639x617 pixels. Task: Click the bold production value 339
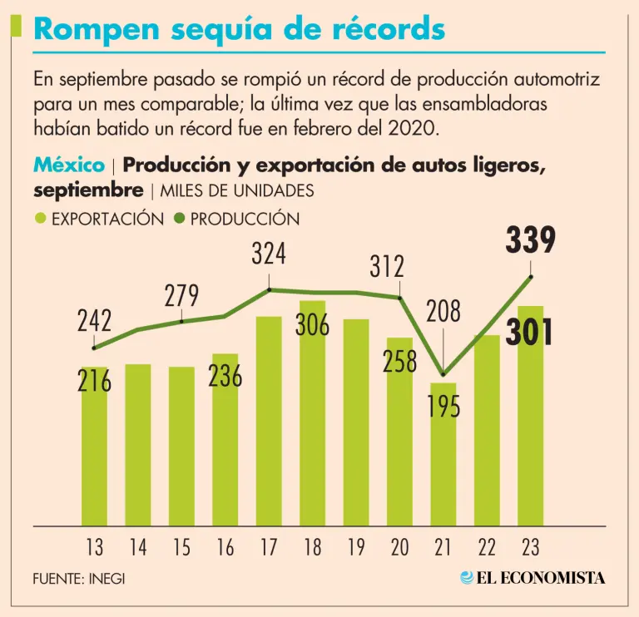click(x=530, y=241)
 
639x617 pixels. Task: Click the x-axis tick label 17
click(x=269, y=548)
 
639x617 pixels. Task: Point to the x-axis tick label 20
click(x=399, y=548)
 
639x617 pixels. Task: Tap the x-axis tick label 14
click(x=138, y=548)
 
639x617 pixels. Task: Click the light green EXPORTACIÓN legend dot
click(x=41, y=220)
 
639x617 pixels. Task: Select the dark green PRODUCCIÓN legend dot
click(x=179, y=220)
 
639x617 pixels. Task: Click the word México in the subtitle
click(x=68, y=165)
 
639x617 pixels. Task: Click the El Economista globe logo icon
click(x=467, y=577)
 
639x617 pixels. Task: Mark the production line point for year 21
click(x=443, y=374)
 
